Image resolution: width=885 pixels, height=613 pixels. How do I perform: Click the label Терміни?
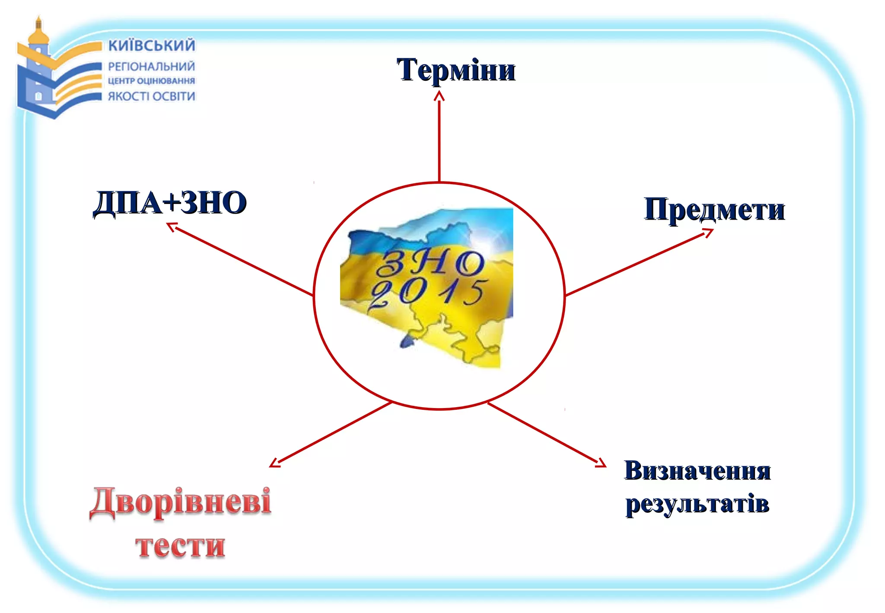(456, 70)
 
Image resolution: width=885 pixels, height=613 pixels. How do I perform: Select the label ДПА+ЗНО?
(170, 203)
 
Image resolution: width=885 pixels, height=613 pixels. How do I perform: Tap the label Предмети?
(714, 210)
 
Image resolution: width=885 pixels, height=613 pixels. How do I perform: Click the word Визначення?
(697, 471)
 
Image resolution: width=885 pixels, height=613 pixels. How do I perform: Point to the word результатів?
(697, 504)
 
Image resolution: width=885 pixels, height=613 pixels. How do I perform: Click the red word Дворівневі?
(181, 501)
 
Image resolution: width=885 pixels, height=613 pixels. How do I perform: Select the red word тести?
(180, 546)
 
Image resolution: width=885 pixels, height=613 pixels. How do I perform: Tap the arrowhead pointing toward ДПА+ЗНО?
(172, 226)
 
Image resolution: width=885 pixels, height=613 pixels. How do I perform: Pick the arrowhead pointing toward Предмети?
(708, 233)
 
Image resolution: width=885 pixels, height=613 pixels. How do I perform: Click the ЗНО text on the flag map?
(430, 262)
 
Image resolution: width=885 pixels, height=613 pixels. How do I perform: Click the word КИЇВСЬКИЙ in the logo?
(152, 45)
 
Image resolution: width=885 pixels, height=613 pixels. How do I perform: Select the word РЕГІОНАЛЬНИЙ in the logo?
(151, 67)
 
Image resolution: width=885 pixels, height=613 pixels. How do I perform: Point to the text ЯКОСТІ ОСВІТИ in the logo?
(151, 96)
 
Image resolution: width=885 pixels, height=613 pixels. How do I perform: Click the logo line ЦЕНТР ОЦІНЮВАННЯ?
(151, 81)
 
